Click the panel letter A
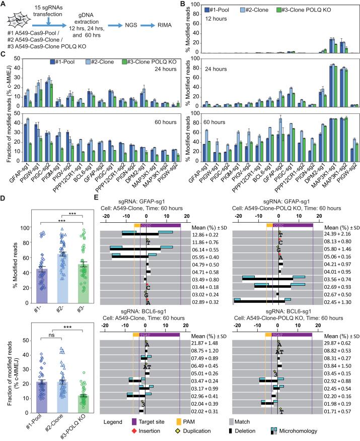click(x=5, y=4)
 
